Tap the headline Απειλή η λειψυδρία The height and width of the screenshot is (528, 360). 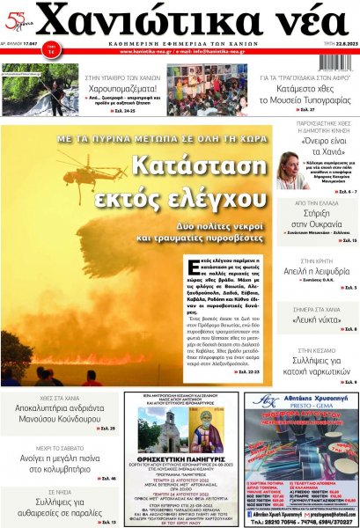[x=319, y=274]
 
